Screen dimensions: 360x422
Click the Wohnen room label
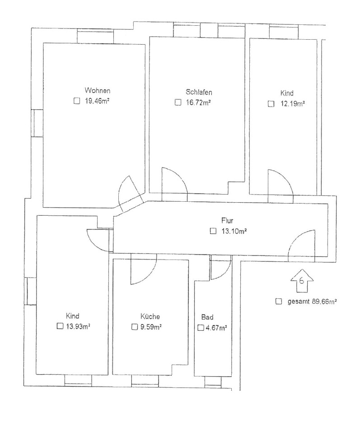[x=98, y=90]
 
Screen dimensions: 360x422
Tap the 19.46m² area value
[x=97, y=101]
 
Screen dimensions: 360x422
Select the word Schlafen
[x=199, y=92]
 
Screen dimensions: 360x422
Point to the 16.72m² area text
[x=198, y=102]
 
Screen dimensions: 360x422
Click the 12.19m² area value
[x=293, y=104]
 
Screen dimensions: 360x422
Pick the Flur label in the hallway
[x=227, y=221]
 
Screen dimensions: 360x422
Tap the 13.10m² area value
[x=234, y=231]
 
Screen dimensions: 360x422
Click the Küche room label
[x=150, y=316]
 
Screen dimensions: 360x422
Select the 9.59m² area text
[x=151, y=327]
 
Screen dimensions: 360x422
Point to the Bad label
[x=207, y=317]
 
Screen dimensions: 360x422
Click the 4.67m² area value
[x=216, y=328]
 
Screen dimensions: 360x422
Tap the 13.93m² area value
[x=78, y=326]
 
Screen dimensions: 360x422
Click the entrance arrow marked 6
[x=302, y=281]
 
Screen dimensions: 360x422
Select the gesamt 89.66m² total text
[x=312, y=301]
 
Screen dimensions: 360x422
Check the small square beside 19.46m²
[x=77, y=101]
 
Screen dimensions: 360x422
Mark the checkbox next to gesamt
[x=279, y=301]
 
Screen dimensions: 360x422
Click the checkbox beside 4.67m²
[x=201, y=328]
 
